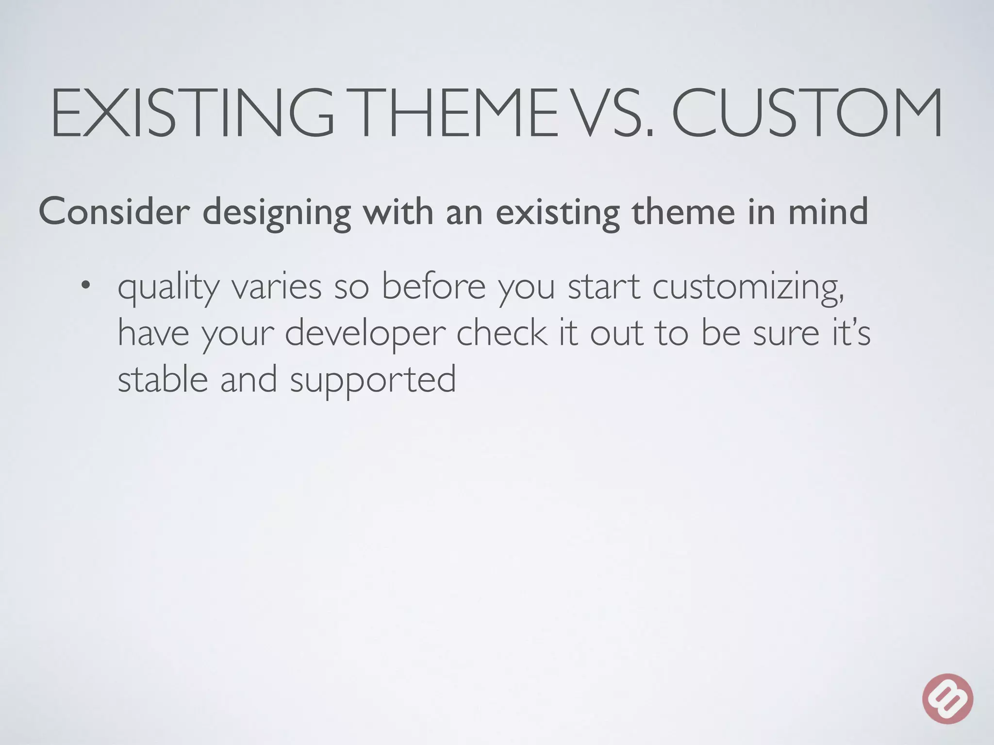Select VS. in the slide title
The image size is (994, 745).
point(614,113)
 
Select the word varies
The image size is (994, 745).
point(276,287)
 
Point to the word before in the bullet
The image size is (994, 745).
point(433,286)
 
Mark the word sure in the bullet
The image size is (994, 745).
point(786,334)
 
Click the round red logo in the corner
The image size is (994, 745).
point(947,698)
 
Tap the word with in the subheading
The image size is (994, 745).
point(399,211)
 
